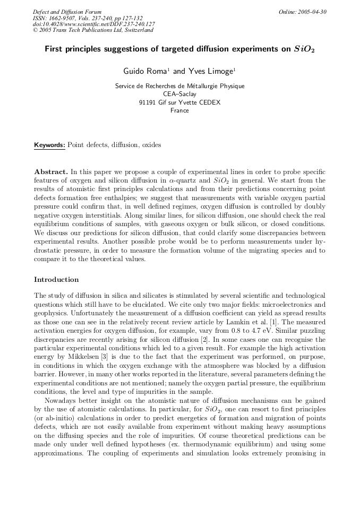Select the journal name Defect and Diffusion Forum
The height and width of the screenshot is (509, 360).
pos(67,12)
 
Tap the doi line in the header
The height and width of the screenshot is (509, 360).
pos(94,24)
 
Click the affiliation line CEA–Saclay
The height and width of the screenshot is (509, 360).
pos(179,94)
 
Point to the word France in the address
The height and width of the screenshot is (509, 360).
pos(179,111)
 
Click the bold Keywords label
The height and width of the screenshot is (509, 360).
pos(50,145)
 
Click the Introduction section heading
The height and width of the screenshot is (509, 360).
pos(56,280)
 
